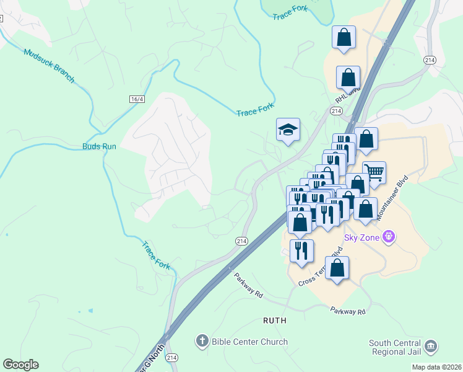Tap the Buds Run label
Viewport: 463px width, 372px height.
pos(99,147)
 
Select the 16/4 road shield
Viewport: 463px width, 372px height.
pos(137,99)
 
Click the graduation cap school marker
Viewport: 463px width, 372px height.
pos(288,130)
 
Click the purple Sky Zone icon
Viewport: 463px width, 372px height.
pos(389,236)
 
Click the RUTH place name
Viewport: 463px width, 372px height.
pos(275,321)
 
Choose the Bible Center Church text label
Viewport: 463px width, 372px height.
pos(249,342)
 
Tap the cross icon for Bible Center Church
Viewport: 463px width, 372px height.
pos(202,341)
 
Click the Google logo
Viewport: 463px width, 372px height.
pos(20,365)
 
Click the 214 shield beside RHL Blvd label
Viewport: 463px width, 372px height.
pos(336,110)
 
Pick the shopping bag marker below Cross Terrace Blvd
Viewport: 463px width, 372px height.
pos(337,269)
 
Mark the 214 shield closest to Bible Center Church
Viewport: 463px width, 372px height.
pos(172,358)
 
